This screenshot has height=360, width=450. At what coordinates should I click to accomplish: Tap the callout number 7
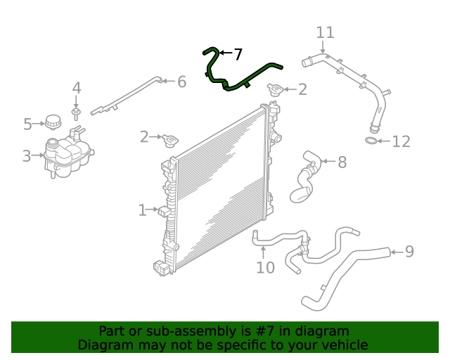tap(238, 54)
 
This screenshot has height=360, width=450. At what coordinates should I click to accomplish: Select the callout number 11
tap(325, 32)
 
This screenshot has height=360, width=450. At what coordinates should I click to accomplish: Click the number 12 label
tap(400, 142)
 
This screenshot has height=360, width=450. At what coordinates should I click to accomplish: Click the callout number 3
tap(27, 156)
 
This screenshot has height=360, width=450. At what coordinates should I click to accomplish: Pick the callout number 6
tap(181, 82)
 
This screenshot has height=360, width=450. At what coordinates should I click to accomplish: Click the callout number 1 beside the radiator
tap(142, 210)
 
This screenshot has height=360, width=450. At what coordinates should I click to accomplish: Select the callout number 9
tap(409, 251)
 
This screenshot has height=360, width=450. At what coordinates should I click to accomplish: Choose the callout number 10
tap(265, 267)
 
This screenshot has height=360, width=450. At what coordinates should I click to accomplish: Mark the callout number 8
tap(342, 162)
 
